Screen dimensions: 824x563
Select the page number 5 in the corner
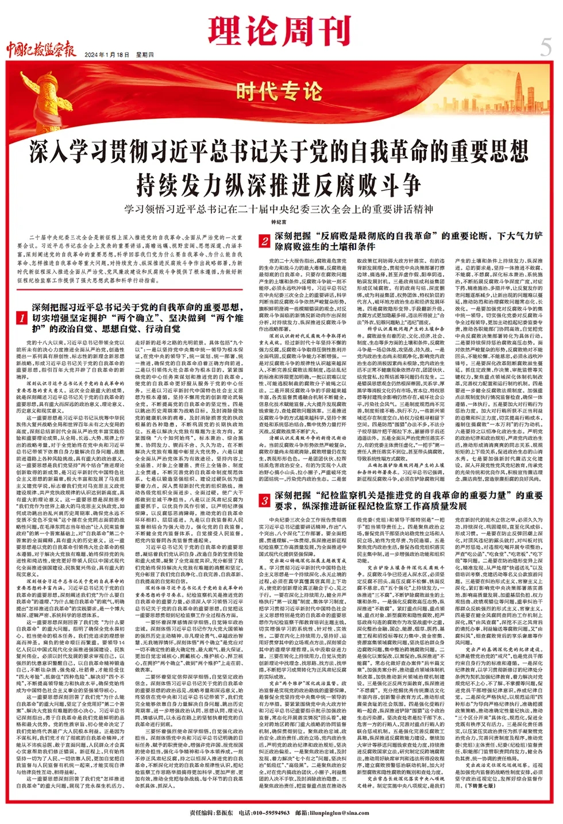pos(545,47)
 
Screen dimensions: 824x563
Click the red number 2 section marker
pos(264,241)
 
